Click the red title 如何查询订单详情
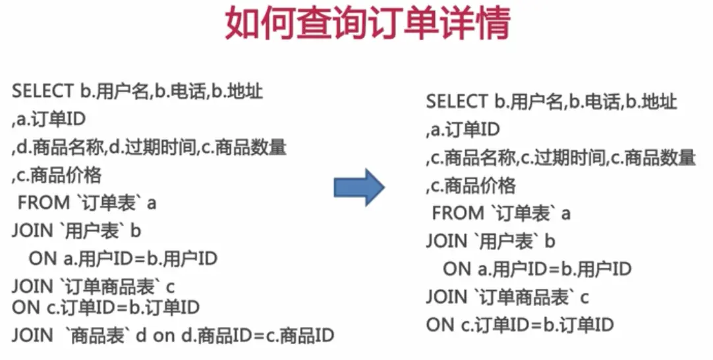(x=367, y=24)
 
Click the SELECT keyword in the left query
(x=42, y=92)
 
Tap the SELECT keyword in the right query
(x=456, y=102)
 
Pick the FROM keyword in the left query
(x=43, y=202)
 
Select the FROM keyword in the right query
(x=458, y=214)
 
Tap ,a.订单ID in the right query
(x=463, y=130)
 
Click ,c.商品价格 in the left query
(x=57, y=175)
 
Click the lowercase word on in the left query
(x=163, y=336)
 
